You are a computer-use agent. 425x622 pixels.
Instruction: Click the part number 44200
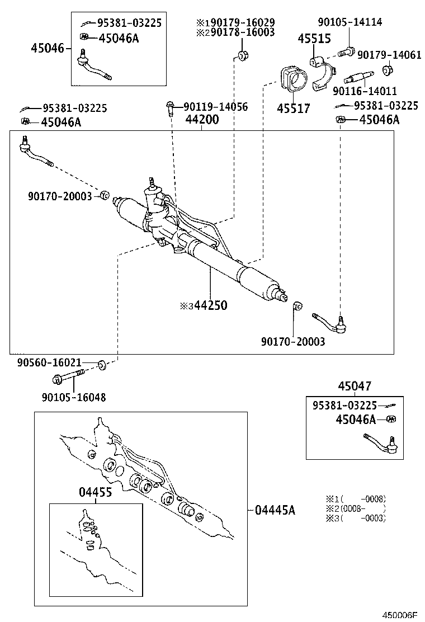(202, 119)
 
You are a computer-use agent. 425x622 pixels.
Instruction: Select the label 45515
(314, 39)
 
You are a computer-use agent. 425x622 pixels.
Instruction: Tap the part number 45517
(293, 109)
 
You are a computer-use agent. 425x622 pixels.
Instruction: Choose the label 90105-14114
(350, 22)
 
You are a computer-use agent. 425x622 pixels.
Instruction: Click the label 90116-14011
(365, 91)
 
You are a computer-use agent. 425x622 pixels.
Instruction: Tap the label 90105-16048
(73, 397)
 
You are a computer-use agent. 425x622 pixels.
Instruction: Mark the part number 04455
(95, 492)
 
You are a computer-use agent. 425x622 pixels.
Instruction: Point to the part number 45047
(355, 386)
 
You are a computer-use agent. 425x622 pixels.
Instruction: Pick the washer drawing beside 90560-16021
(103, 365)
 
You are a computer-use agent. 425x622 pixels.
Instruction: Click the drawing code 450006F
(400, 615)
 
